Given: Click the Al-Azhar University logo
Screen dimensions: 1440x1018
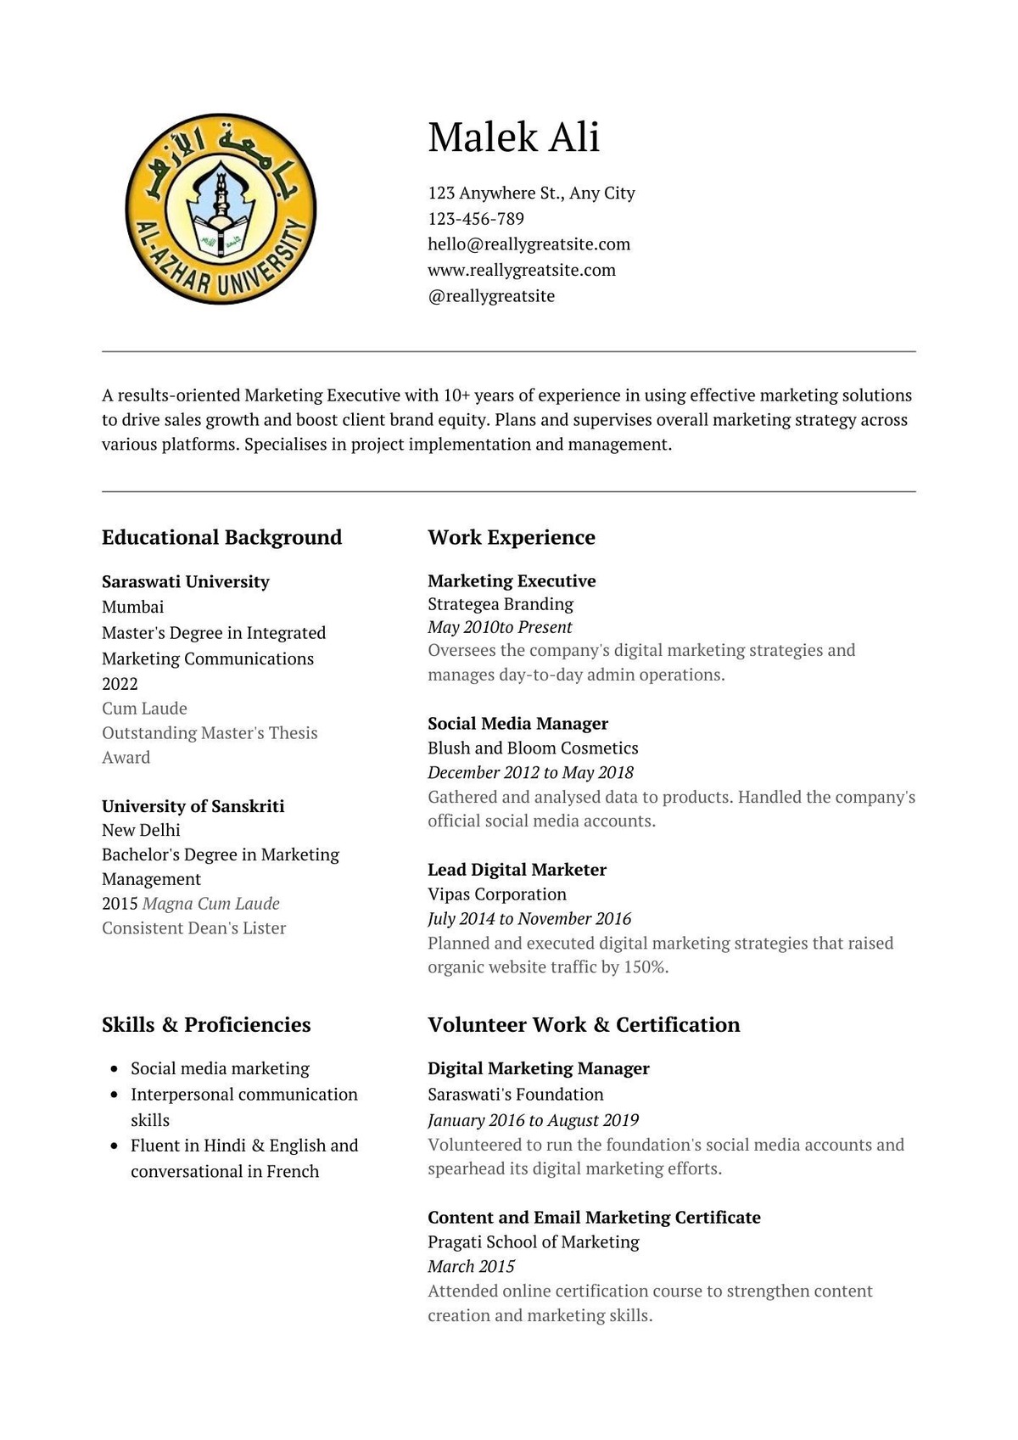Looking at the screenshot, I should [221, 209].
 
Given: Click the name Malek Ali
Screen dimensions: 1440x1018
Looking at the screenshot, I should [513, 137].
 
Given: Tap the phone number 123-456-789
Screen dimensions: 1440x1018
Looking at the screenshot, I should [476, 219].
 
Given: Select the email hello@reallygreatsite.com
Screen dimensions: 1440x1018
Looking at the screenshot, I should [529, 244].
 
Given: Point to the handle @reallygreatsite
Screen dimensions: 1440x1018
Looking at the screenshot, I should [491, 296].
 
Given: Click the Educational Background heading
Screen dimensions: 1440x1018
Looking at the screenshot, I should [221, 537].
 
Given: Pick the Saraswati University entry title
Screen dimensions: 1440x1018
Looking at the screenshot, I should [185, 582].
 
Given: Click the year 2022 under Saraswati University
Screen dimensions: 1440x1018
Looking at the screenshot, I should [120, 684].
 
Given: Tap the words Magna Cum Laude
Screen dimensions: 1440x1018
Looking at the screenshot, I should [211, 904].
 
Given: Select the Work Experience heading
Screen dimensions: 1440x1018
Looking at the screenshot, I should [511, 537].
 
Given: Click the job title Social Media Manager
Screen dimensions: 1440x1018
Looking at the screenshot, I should [517, 724].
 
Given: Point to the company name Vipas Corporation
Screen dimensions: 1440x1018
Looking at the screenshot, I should [496, 894].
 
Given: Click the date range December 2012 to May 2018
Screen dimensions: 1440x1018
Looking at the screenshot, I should [530, 773].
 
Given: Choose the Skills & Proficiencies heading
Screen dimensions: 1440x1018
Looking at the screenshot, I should [206, 1025].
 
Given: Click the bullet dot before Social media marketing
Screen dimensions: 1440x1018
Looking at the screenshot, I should [114, 1069].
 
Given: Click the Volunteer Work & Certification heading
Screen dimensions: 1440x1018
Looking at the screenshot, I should [584, 1025].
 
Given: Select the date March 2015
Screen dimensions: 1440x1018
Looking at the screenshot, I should [471, 1267].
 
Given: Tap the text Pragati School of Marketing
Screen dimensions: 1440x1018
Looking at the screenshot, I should [533, 1242].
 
